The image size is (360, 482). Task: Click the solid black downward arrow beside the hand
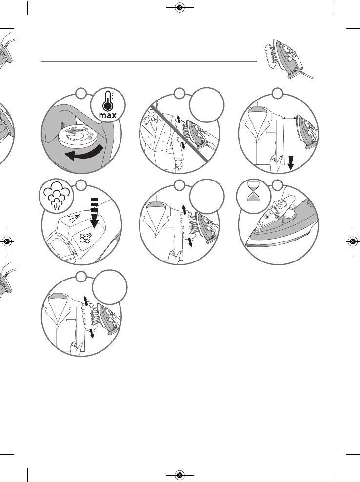click(290, 161)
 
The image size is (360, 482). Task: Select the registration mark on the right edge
click(352, 241)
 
